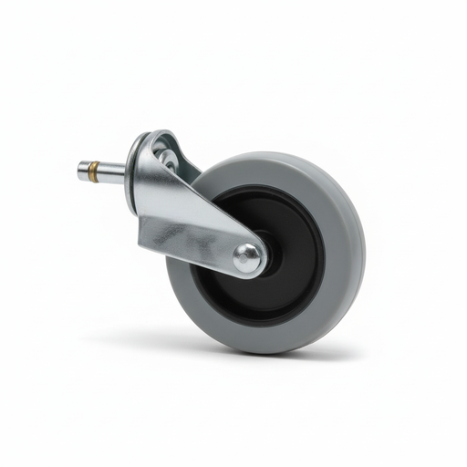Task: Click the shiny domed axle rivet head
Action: pyautogui.click(x=247, y=258)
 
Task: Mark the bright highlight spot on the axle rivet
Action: pyautogui.click(x=244, y=254)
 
